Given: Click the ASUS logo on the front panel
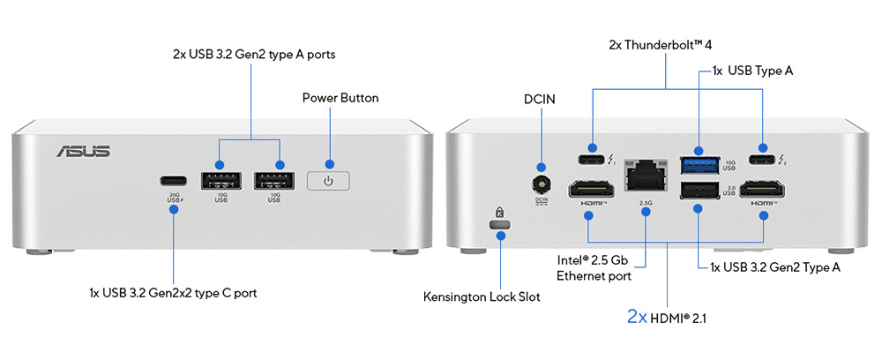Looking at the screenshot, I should click(84, 151).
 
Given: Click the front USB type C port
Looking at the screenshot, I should click(173, 181).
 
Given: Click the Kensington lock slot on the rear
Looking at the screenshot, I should click(500, 228).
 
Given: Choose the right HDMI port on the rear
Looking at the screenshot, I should click(762, 188).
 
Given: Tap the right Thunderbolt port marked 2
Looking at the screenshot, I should click(761, 160).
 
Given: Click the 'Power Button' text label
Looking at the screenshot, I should click(340, 97).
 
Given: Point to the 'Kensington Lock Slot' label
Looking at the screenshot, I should click(482, 297).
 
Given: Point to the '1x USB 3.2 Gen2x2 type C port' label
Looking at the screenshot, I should click(173, 292).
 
